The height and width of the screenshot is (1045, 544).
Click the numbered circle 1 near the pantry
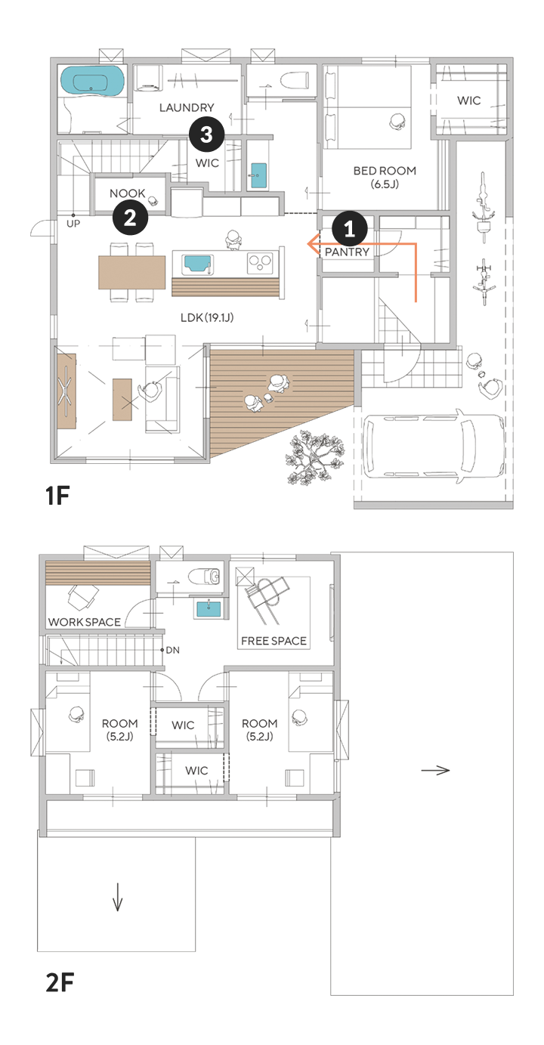click(350, 229)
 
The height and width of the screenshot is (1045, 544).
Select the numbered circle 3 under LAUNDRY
click(207, 134)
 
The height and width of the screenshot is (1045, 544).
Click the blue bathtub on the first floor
click(93, 81)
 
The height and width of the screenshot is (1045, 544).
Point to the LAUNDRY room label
click(187, 108)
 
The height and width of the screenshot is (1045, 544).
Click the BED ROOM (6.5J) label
click(385, 178)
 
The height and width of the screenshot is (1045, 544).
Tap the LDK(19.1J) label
click(207, 317)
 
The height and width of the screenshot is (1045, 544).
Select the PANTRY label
click(347, 252)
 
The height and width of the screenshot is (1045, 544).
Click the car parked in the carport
click(434, 444)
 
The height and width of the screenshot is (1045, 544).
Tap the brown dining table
click(131, 272)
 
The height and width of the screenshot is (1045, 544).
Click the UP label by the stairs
click(73, 224)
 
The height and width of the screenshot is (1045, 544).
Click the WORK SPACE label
click(85, 622)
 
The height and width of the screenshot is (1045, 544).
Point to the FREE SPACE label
click(274, 641)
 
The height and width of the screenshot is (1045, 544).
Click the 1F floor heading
click(57, 496)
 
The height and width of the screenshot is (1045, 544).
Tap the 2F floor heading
click(60, 982)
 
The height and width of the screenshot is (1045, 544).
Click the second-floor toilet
click(206, 577)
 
